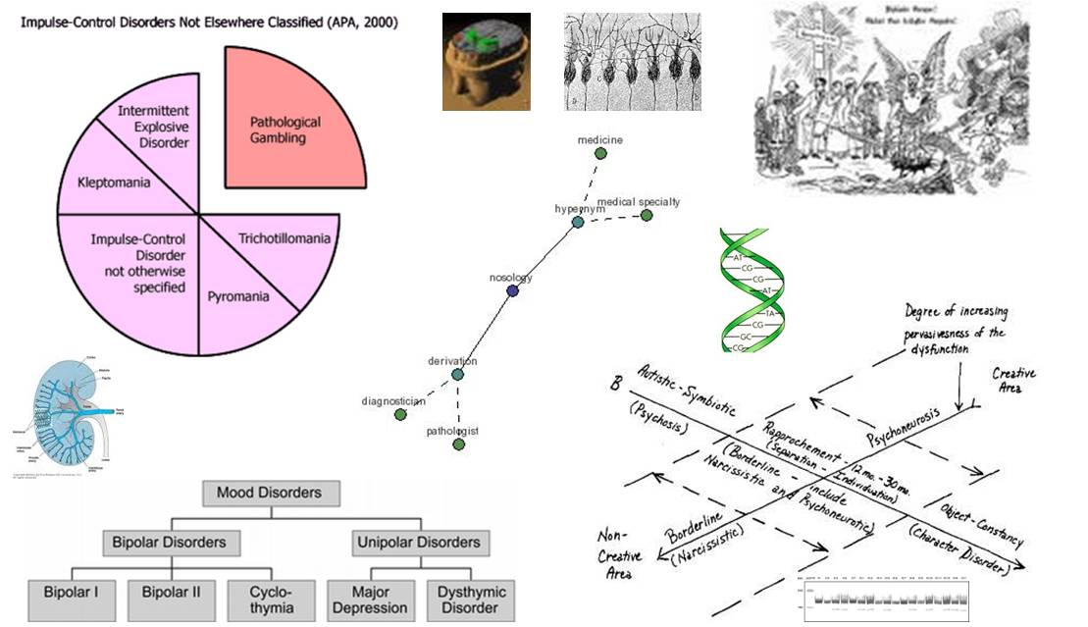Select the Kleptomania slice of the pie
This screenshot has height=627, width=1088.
point(113,183)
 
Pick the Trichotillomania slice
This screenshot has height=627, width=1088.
point(284,238)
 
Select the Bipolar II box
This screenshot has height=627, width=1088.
point(171,593)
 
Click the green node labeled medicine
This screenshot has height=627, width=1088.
point(600,153)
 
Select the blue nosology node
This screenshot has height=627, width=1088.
point(512,291)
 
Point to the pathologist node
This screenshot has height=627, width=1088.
point(458,444)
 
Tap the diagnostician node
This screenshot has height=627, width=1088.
point(399,415)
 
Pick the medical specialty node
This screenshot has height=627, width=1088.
point(647,215)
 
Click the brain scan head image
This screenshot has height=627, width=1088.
point(486,62)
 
